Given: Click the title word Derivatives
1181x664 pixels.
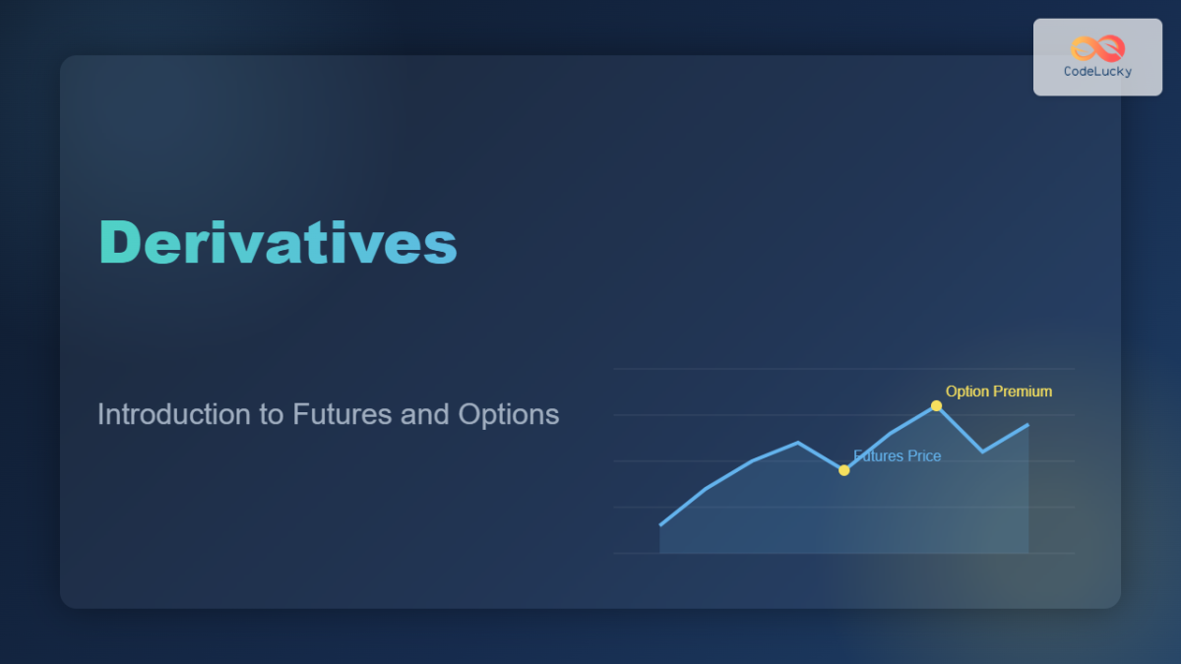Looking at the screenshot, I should (278, 242).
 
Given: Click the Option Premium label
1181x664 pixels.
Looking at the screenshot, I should (998, 392).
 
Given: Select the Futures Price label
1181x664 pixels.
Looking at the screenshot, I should (897, 456).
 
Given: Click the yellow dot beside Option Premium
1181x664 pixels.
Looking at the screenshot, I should (936, 405).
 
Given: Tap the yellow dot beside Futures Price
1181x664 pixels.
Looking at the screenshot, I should (843, 470).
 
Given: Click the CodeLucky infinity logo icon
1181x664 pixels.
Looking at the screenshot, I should (1097, 48).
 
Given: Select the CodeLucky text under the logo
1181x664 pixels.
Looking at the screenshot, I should (1097, 72).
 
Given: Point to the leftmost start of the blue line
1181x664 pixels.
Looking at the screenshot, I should (660, 525).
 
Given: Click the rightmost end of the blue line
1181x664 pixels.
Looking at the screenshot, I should (1028, 425).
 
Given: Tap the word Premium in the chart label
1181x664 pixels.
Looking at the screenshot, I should (1023, 392).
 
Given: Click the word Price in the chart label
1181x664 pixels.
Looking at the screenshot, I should (923, 456).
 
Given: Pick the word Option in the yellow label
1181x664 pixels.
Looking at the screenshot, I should (967, 392).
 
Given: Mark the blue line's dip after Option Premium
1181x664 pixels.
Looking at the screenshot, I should (982, 452).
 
